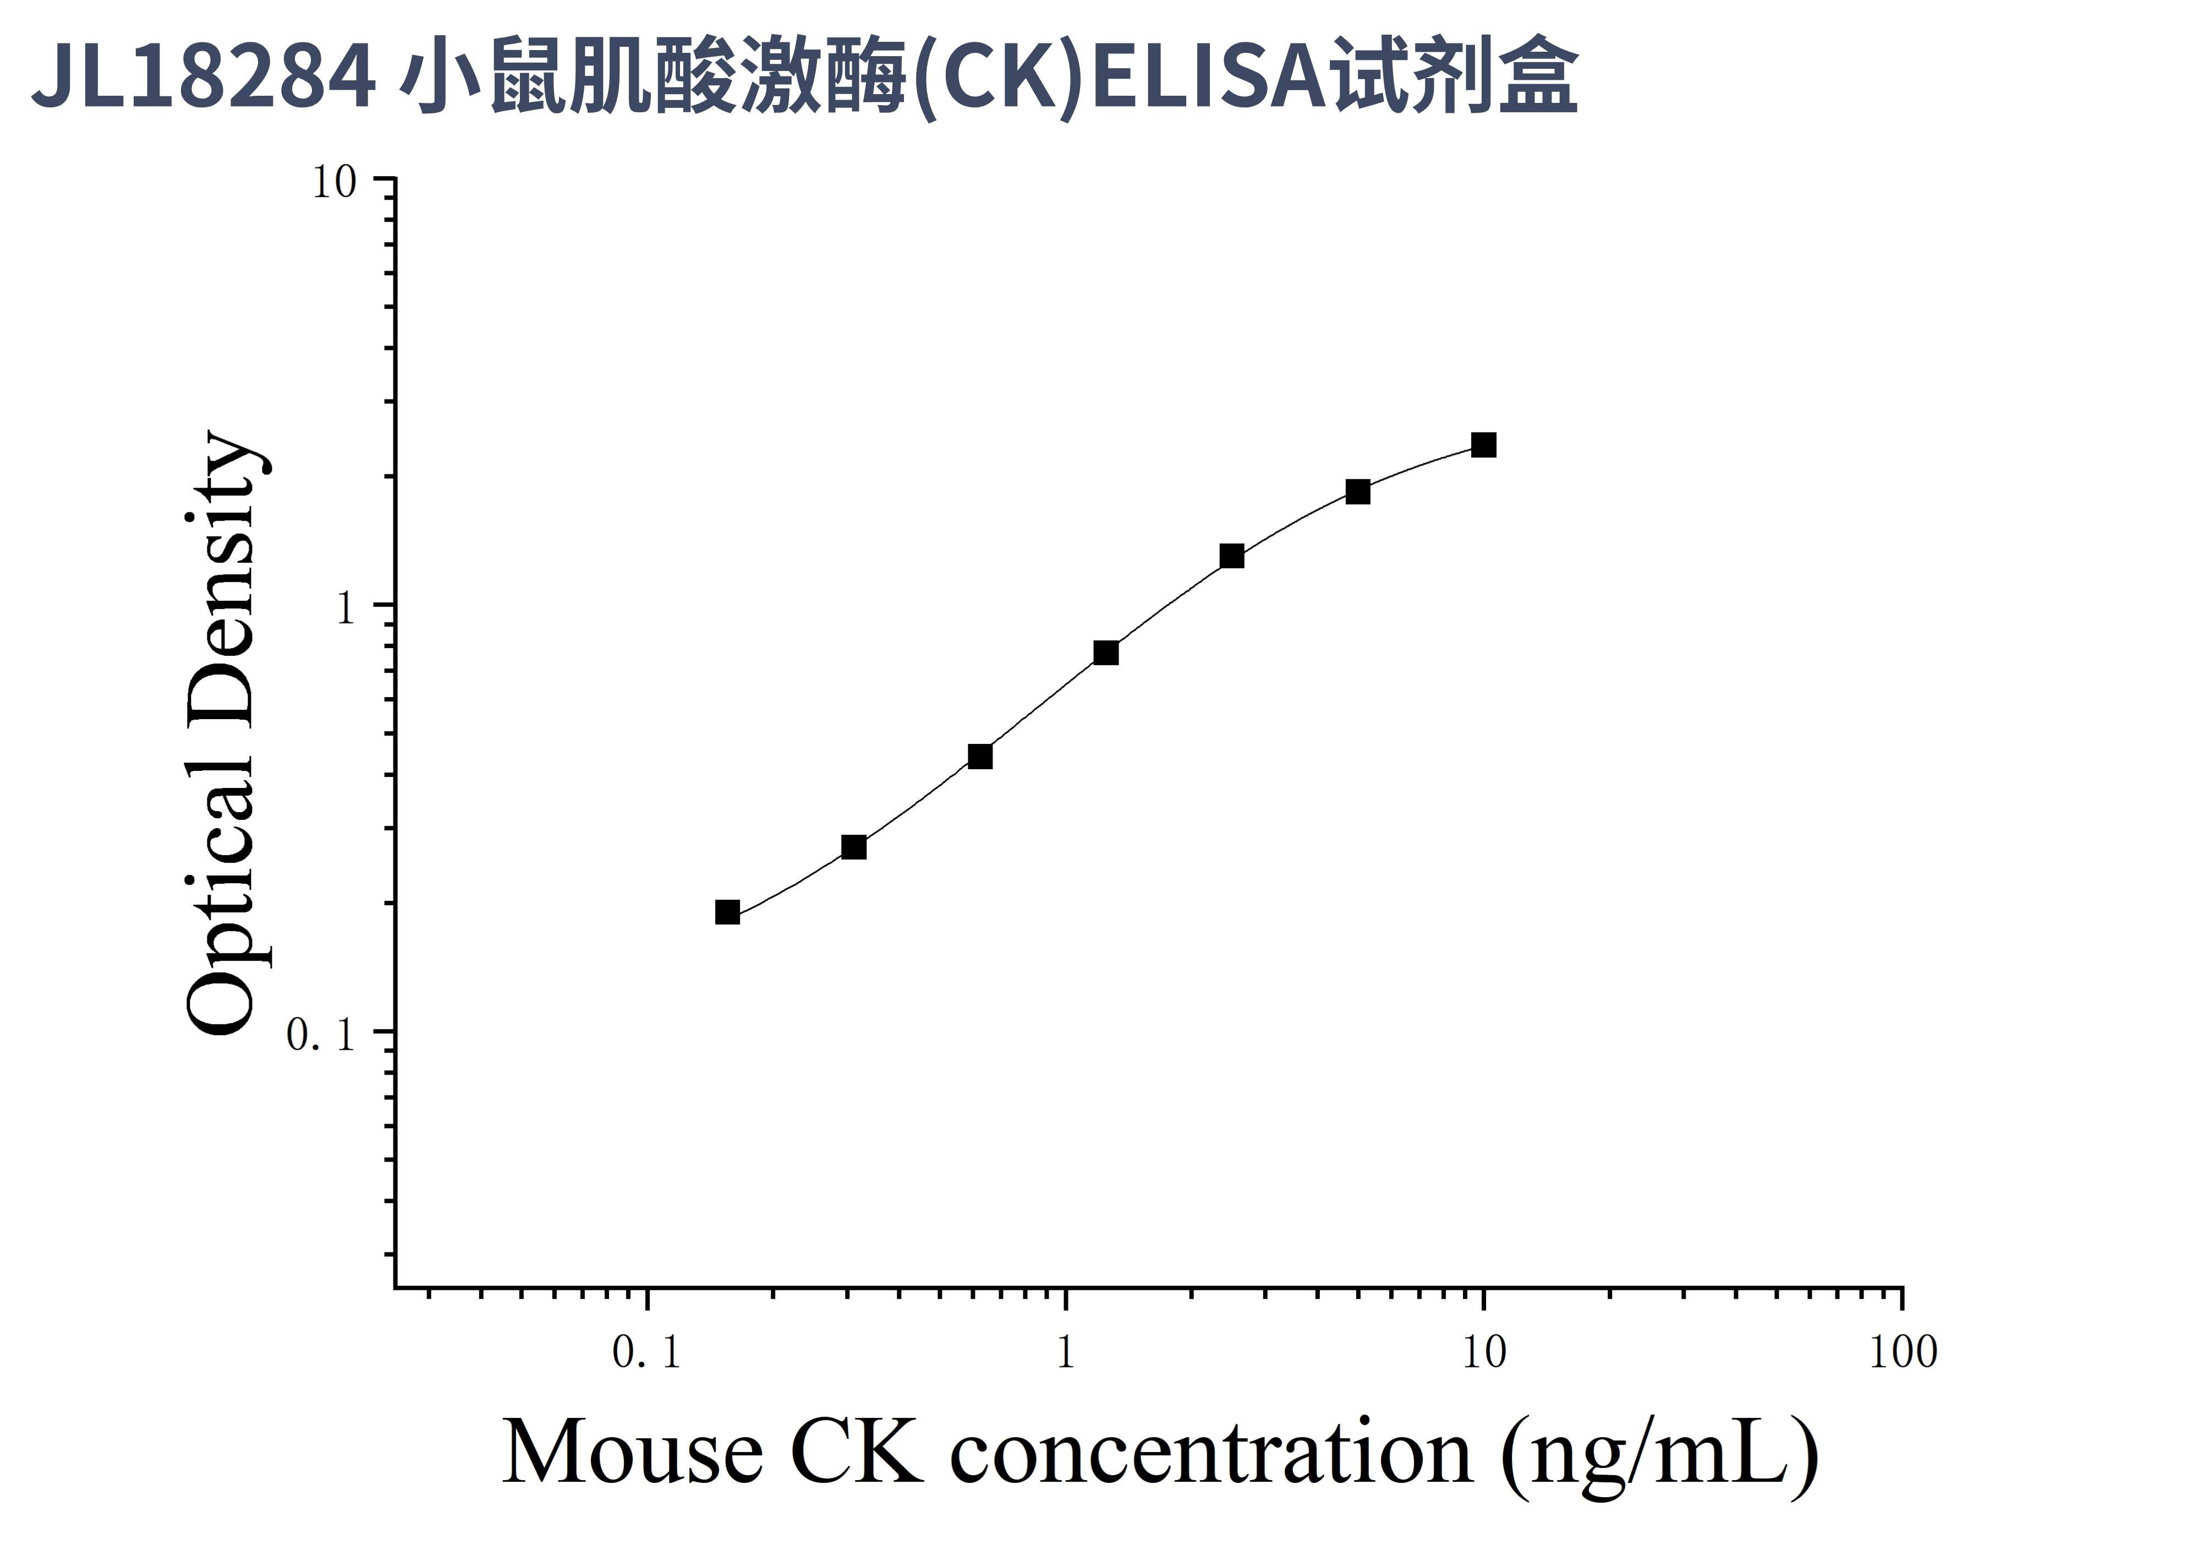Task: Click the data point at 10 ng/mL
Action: tap(1483, 445)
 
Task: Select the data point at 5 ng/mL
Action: tap(1357, 491)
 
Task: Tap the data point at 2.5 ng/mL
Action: tap(1231, 556)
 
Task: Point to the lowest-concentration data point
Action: tap(727, 912)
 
